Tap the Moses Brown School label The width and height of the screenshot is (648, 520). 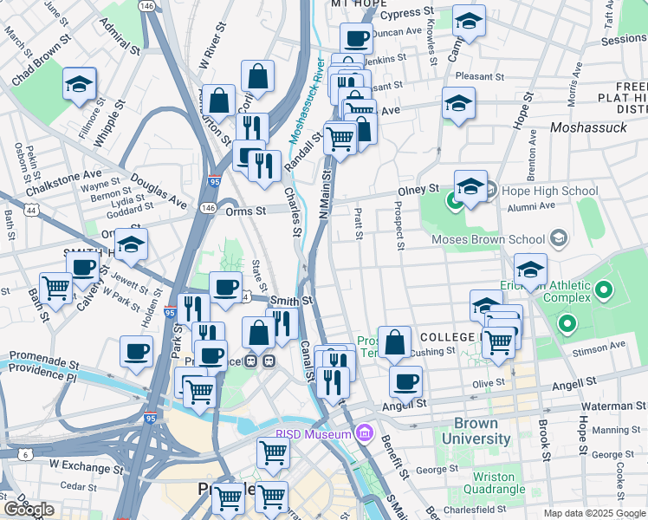coord(488,238)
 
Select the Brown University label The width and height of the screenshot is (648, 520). coord(476,431)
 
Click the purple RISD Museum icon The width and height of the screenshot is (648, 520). coord(364,432)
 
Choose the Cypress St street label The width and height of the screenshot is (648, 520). coord(406,14)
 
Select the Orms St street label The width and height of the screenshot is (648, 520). coord(247,211)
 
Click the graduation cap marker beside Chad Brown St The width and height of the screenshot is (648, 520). coord(79,85)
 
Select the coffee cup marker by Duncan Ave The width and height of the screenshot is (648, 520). coord(356,37)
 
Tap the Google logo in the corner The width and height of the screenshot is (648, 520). coord(29,510)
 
